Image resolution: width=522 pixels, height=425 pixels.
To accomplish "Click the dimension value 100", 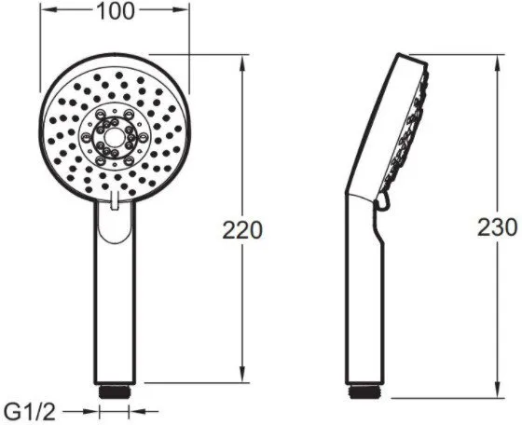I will [x=115, y=11].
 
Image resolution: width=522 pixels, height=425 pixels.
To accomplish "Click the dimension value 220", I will [x=244, y=228].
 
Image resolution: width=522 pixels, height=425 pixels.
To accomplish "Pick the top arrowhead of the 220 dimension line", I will [x=244, y=59].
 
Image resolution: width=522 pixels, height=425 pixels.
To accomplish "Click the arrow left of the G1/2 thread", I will [x=91, y=407].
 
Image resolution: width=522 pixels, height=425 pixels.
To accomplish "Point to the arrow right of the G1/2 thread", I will [x=139, y=407].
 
